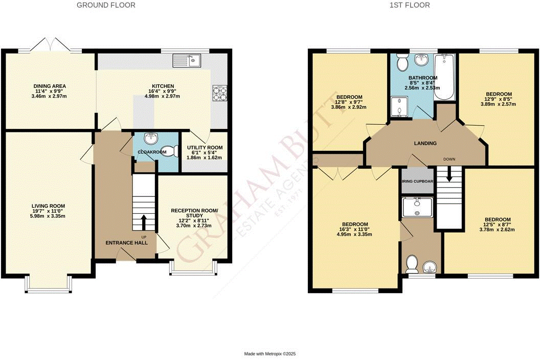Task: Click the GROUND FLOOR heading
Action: tap(106, 5)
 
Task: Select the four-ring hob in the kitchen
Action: tap(220, 93)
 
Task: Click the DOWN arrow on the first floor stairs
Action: tap(449, 174)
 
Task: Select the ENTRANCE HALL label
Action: tap(127, 243)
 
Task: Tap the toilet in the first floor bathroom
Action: tap(401, 63)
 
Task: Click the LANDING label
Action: tap(425, 143)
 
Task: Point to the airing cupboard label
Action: tap(417, 182)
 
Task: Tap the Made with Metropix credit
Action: tap(270, 353)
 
